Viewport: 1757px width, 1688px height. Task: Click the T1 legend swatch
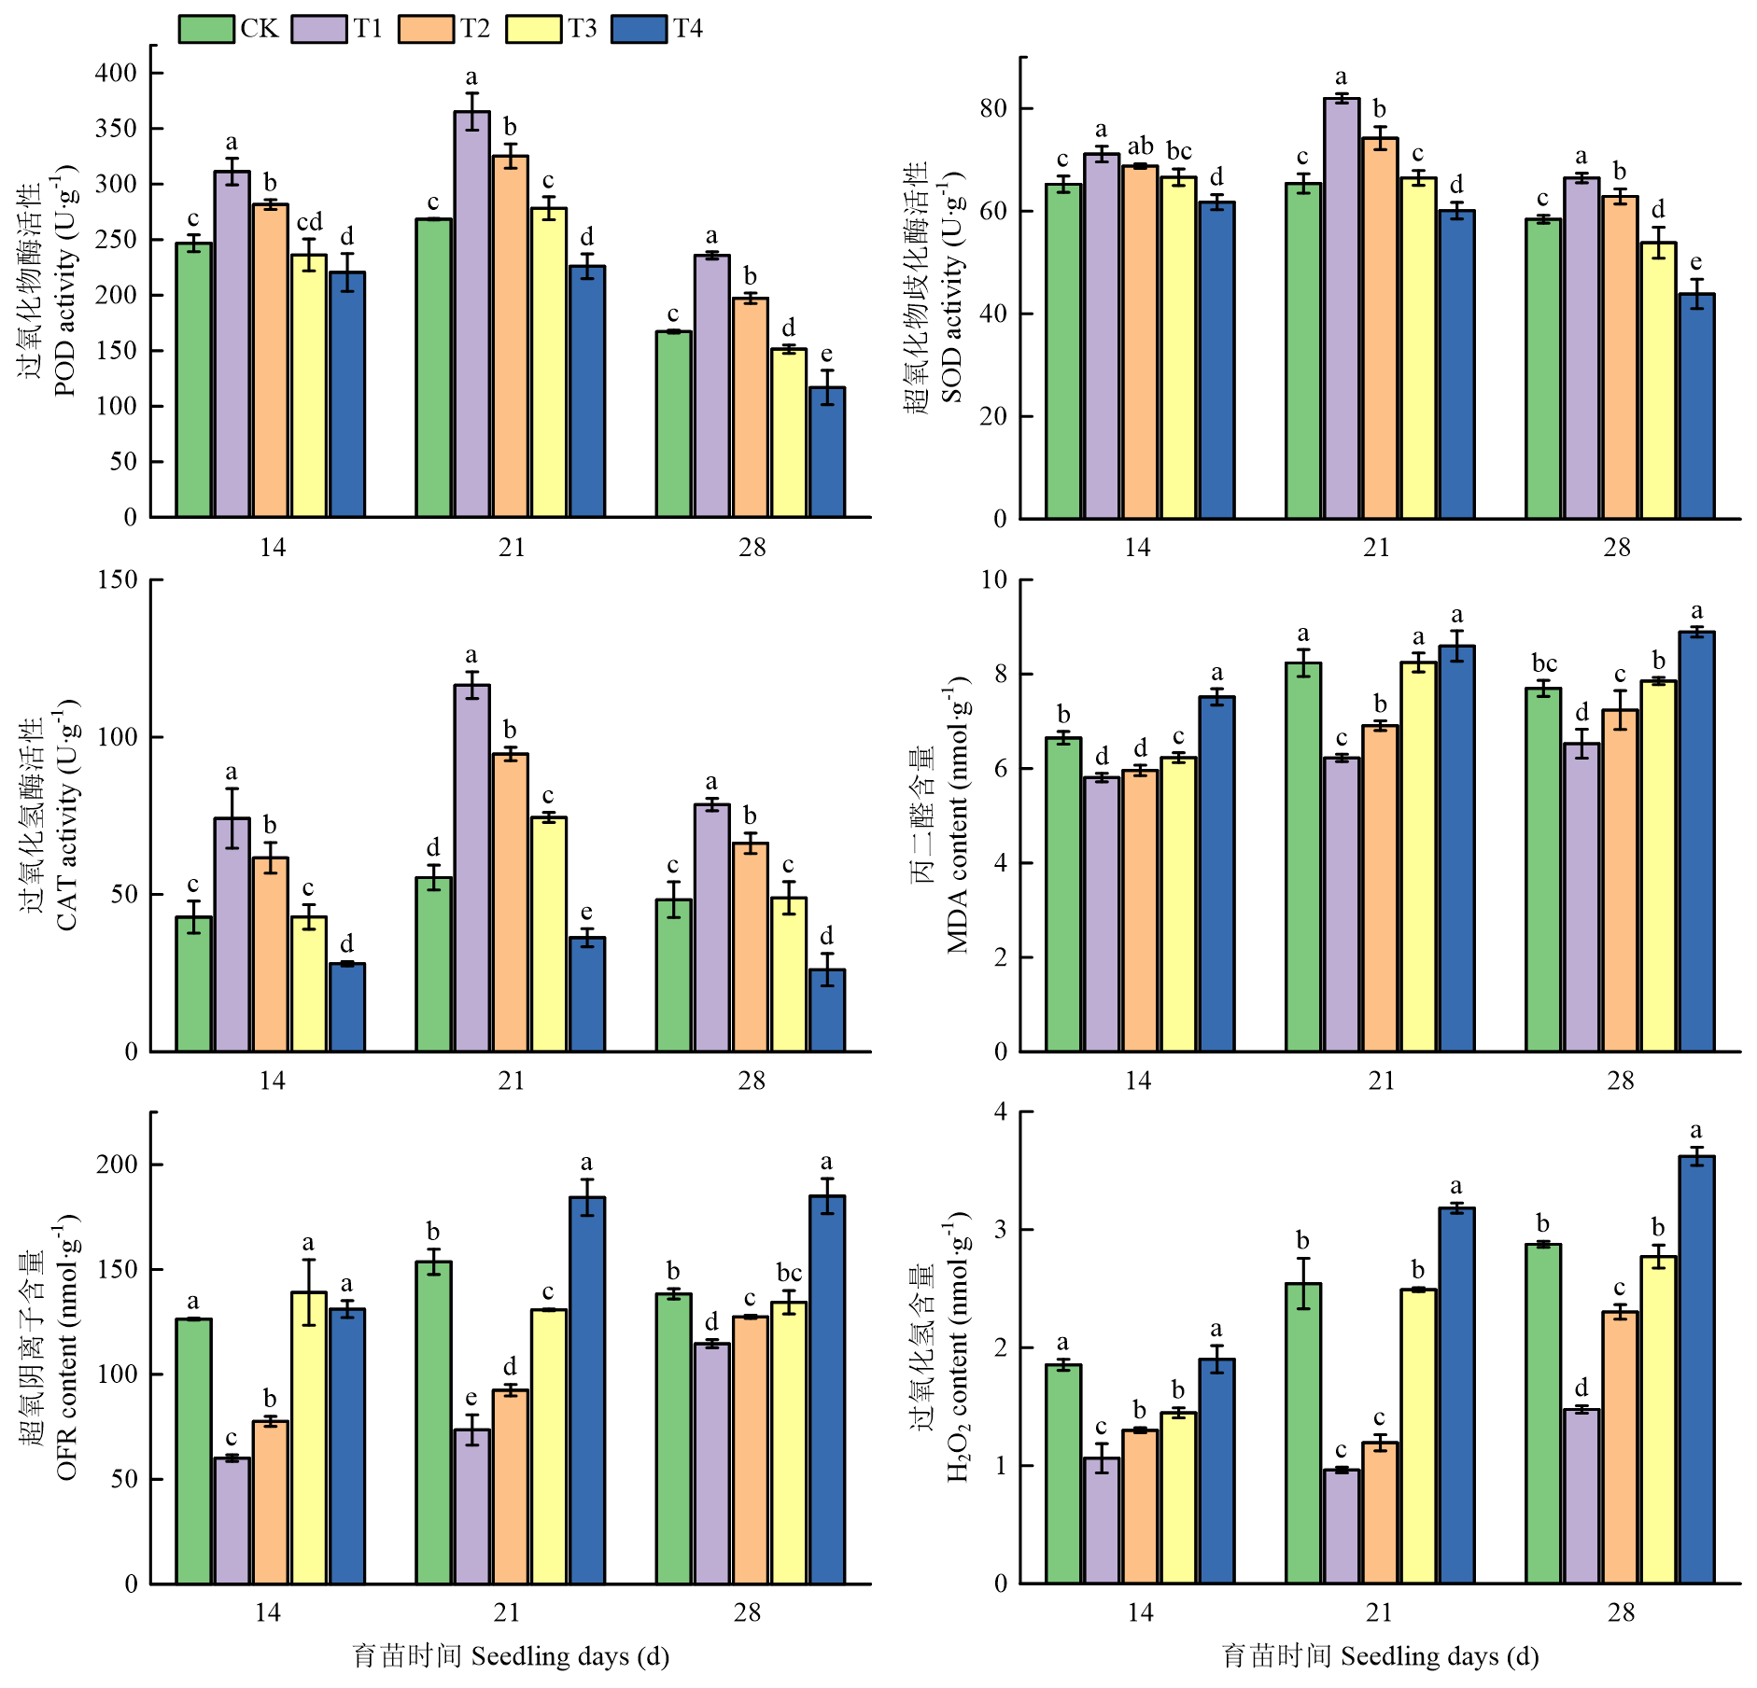point(319,29)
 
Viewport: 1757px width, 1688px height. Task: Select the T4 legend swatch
point(640,29)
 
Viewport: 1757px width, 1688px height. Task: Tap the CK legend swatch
point(206,29)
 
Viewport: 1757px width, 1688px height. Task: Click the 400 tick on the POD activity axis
point(117,73)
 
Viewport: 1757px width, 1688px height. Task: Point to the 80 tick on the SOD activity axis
point(992,108)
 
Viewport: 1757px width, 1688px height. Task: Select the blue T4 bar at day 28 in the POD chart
point(827,452)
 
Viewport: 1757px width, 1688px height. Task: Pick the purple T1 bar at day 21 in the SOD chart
point(1342,308)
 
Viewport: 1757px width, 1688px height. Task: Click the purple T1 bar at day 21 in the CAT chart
point(471,868)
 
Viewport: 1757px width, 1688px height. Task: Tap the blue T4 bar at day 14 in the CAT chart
point(347,1007)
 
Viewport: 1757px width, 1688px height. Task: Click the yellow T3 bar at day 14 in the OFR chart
point(308,1438)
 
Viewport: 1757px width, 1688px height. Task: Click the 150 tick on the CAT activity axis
point(117,579)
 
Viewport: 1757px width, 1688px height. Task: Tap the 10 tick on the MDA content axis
point(994,579)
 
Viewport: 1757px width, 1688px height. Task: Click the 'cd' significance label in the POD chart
point(309,222)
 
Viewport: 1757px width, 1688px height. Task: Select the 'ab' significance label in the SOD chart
point(1140,146)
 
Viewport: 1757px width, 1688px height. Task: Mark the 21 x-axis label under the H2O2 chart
point(1379,1611)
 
